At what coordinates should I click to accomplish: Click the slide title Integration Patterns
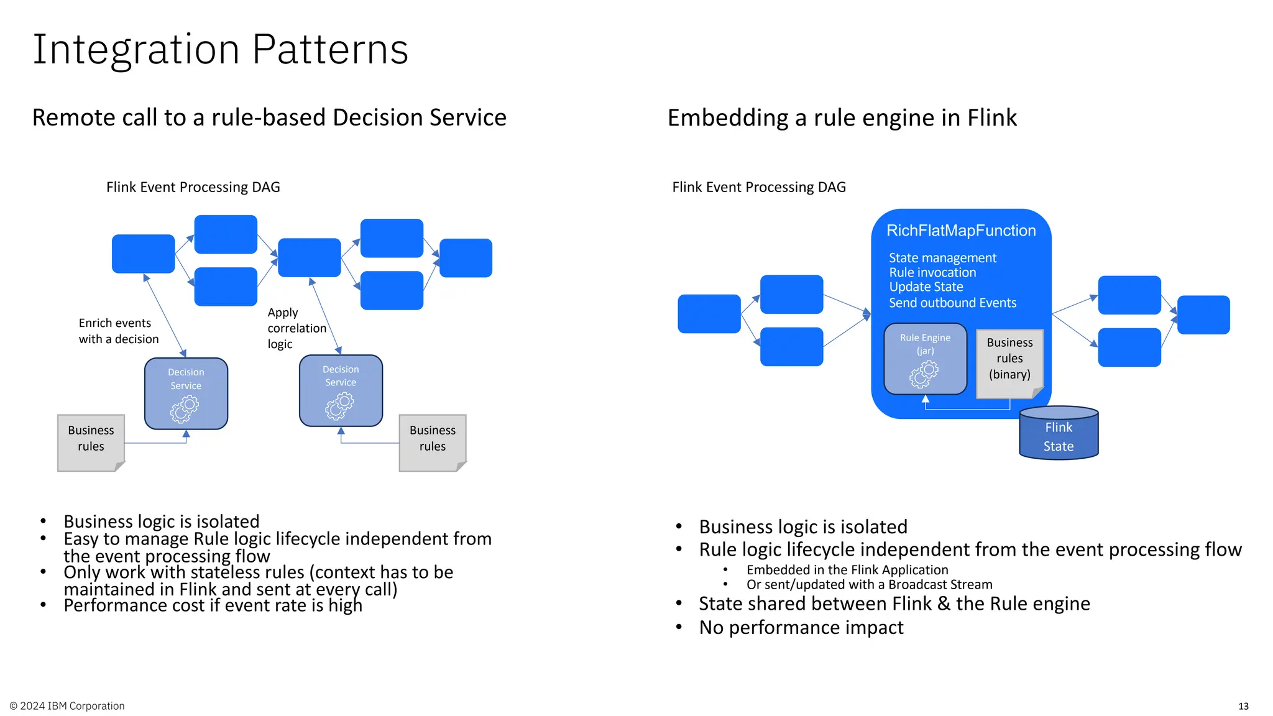coord(220,50)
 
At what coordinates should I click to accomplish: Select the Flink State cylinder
coord(1059,435)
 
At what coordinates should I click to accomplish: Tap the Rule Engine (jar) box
coord(925,359)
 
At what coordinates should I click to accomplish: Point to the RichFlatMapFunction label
coord(961,231)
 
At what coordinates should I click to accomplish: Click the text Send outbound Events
coord(952,303)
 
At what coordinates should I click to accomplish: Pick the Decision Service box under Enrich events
coord(186,393)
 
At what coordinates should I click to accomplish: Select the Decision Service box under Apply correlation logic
coord(341,390)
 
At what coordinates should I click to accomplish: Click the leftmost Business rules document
coord(91,441)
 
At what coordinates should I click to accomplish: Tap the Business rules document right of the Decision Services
coord(433,441)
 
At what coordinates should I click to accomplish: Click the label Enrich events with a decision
coord(118,331)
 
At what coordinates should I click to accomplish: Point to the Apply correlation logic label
coord(296,328)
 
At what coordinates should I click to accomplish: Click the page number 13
coord(1243,706)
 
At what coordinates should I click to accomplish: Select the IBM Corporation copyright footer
coord(67,706)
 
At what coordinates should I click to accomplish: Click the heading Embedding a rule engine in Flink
coord(842,118)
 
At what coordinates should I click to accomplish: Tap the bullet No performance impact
coord(801,628)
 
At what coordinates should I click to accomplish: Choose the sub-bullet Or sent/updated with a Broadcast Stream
coord(869,585)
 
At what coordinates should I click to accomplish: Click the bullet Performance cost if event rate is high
coord(213,606)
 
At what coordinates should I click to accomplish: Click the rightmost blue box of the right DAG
coord(1203,315)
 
